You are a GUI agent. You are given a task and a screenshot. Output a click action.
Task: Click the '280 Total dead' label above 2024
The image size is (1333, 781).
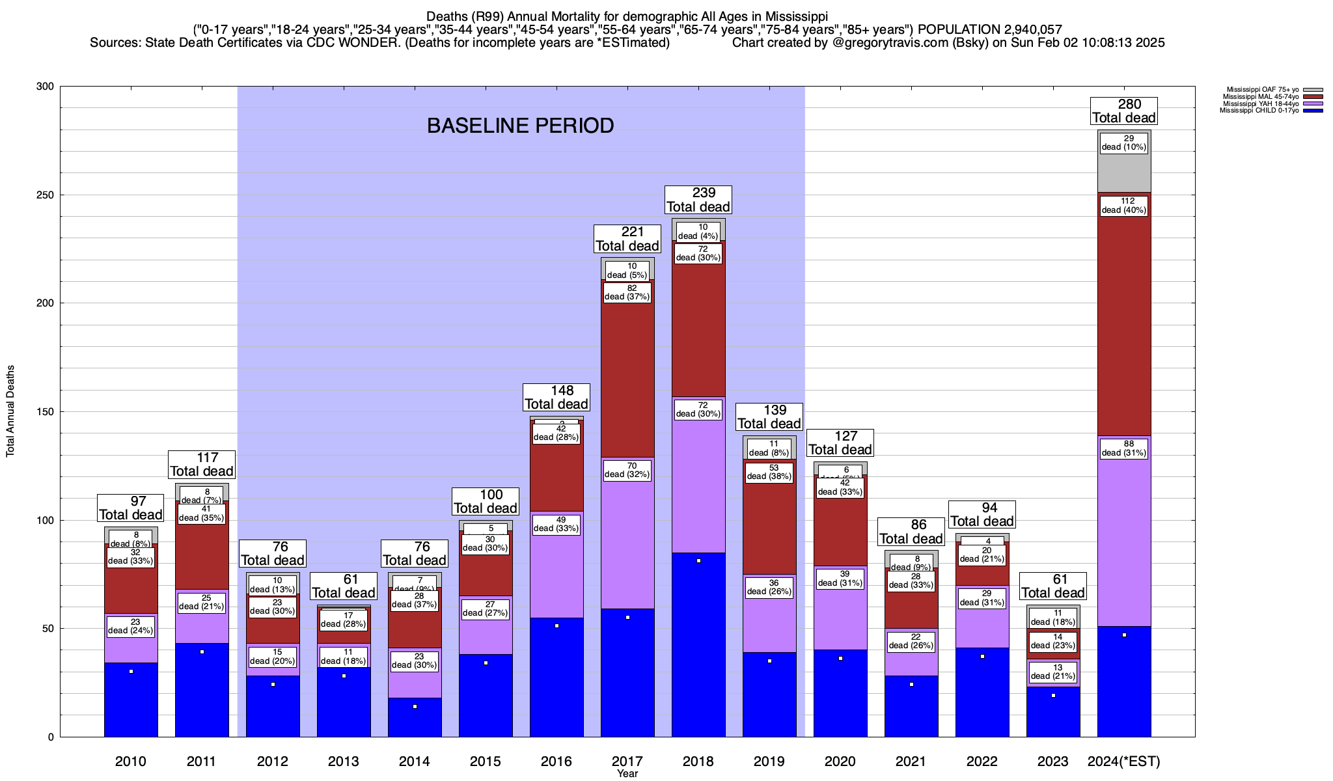coord(1124,111)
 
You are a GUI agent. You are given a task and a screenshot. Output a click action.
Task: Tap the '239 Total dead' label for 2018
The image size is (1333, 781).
coord(698,200)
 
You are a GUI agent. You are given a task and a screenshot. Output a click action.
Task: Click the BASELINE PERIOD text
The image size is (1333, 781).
coord(520,126)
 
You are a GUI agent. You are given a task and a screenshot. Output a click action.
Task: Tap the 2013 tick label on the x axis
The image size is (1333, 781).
coord(343,761)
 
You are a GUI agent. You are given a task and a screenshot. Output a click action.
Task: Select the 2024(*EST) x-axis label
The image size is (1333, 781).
coord(1124,761)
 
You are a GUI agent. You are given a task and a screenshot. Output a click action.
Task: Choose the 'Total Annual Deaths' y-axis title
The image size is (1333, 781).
coord(10,411)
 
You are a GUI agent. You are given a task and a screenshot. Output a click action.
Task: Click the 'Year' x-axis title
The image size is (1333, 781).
coord(627,774)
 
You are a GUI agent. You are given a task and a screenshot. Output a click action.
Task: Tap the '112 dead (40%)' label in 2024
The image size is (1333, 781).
coord(1124,206)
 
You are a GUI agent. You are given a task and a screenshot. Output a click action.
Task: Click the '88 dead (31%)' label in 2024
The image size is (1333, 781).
coord(1124,448)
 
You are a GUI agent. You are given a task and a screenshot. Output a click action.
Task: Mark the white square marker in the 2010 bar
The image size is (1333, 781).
coord(131,671)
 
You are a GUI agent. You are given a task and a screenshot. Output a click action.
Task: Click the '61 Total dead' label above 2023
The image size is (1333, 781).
coord(1053,586)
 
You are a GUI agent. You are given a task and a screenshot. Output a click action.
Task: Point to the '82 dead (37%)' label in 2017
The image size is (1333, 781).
coord(627,292)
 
